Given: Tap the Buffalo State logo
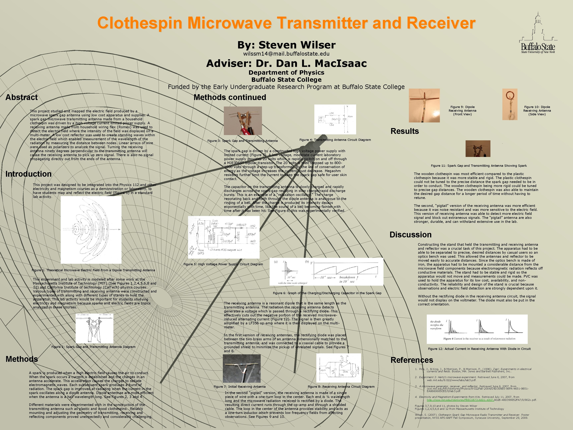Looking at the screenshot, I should pyautogui.click(x=538, y=34).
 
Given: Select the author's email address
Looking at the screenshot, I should pyautogui.click(x=286, y=54).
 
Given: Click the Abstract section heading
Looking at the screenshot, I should pyautogui.click(x=22, y=97).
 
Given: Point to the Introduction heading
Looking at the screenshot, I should pyautogui.click(x=29, y=174).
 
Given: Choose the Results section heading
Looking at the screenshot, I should pyautogui.click(x=405, y=131).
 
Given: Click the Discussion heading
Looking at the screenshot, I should pyautogui.click(x=411, y=235).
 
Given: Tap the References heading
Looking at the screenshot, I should pyautogui.click(x=412, y=360).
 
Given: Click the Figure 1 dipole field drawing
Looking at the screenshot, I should pyautogui.click(x=91, y=230).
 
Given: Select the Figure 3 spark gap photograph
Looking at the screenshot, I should pyautogui.click(x=243, y=121).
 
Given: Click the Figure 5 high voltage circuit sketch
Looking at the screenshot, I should pyautogui.click(x=223, y=237).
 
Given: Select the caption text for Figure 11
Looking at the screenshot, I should pyautogui.click(x=479, y=166).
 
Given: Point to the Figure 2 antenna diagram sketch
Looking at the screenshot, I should pyautogui.click(x=94, y=328).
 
